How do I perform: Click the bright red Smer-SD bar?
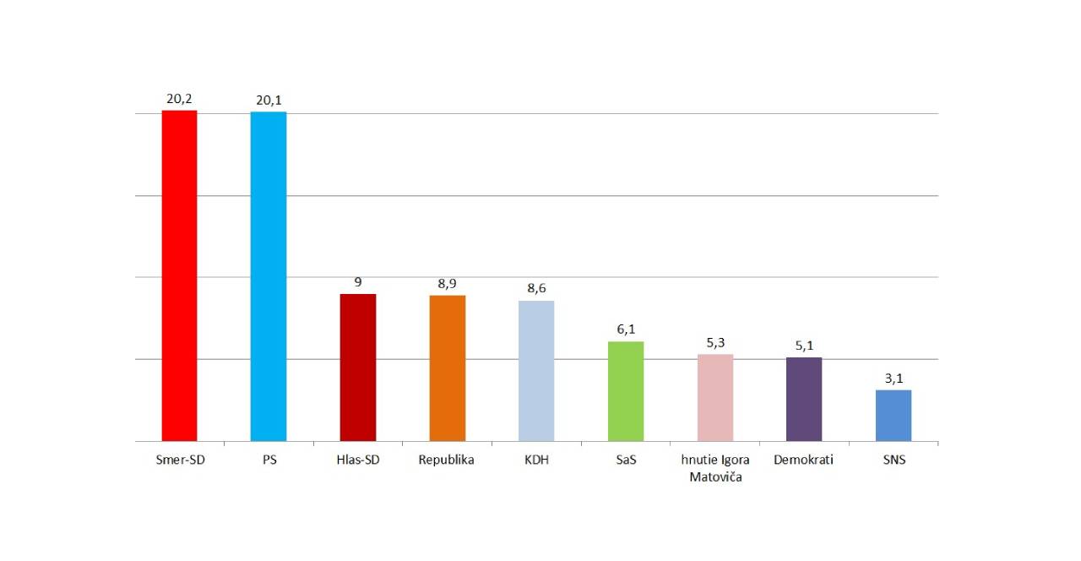click(x=179, y=275)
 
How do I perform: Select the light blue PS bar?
click(x=269, y=276)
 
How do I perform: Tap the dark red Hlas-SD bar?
click(x=357, y=368)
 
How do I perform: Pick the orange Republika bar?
click(x=447, y=368)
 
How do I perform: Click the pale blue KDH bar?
click(x=536, y=371)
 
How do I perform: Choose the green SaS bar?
click(x=626, y=391)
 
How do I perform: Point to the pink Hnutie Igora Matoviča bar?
click(x=715, y=398)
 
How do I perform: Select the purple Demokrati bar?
click(x=804, y=399)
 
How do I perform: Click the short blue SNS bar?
click(x=894, y=416)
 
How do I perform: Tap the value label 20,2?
click(x=179, y=99)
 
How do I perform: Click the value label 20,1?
click(x=269, y=101)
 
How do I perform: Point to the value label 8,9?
click(x=447, y=284)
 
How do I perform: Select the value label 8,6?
click(x=536, y=288)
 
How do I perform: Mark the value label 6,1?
click(x=626, y=330)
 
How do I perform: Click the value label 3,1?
click(x=894, y=378)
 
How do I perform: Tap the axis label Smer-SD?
click(x=179, y=460)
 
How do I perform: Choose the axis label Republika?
click(x=447, y=460)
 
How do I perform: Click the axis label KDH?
click(x=536, y=460)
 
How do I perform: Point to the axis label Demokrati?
click(x=804, y=460)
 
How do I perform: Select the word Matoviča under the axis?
click(x=715, y=477)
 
